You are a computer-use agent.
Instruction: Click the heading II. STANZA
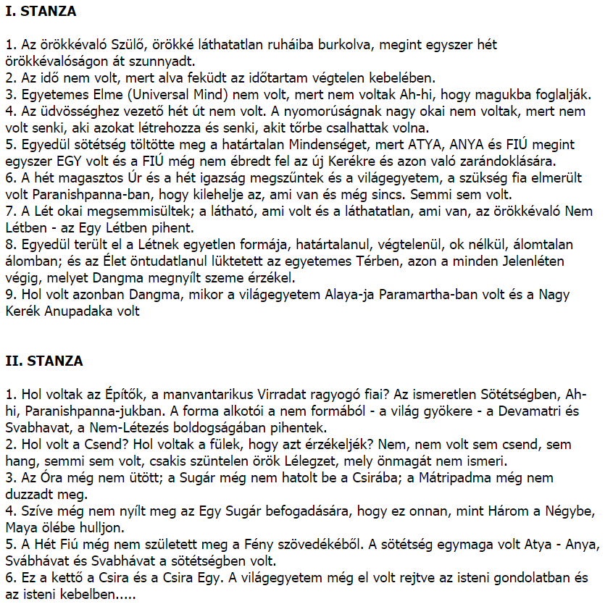43,361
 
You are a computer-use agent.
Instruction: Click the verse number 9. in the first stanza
9,295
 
